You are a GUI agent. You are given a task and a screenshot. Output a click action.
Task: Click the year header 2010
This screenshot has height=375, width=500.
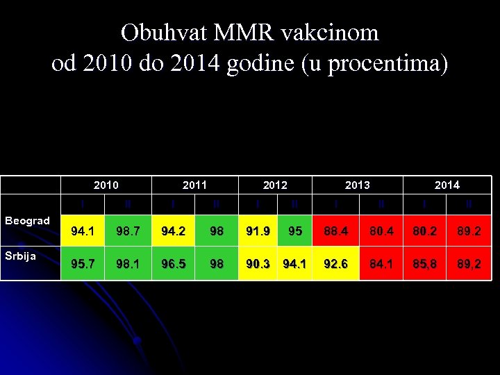tap(106, 185)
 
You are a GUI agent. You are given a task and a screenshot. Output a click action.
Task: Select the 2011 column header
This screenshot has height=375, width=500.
tap(194, 185)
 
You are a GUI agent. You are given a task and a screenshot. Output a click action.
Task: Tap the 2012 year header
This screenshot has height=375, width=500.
tap(275, 185)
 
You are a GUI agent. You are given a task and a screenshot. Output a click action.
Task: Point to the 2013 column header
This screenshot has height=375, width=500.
tap(358, 185)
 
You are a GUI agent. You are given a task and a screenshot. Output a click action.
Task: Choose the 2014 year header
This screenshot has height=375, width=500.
tap(447, 185)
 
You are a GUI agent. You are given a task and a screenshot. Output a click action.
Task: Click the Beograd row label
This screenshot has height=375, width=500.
tap(28, 221)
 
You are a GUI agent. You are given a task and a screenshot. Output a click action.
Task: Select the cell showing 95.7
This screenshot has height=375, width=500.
tap(83, 265)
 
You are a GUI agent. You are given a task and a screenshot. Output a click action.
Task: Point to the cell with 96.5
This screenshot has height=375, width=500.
tap(172, 265)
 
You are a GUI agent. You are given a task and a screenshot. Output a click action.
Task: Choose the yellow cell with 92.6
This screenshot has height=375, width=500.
tap(336, 265)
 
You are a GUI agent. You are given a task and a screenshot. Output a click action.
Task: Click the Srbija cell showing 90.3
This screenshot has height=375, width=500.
tap(258, 265)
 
